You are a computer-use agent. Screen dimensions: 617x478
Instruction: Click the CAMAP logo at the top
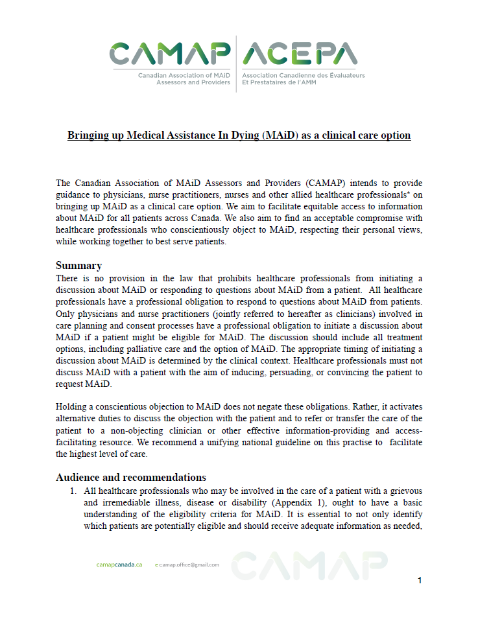click(169, 54)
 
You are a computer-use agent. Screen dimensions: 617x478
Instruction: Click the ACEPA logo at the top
click(299, 54)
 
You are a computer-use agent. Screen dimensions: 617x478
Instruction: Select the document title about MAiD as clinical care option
click(239, 135)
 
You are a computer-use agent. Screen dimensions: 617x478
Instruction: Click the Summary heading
click(78, 265)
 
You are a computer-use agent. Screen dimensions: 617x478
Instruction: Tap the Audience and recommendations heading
click(131, 478)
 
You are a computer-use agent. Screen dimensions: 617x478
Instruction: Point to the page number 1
click(420, 581)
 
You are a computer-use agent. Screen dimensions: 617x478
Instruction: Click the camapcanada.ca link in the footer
click(119, 565)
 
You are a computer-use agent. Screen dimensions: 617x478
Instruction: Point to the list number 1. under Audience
click(74, 491)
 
